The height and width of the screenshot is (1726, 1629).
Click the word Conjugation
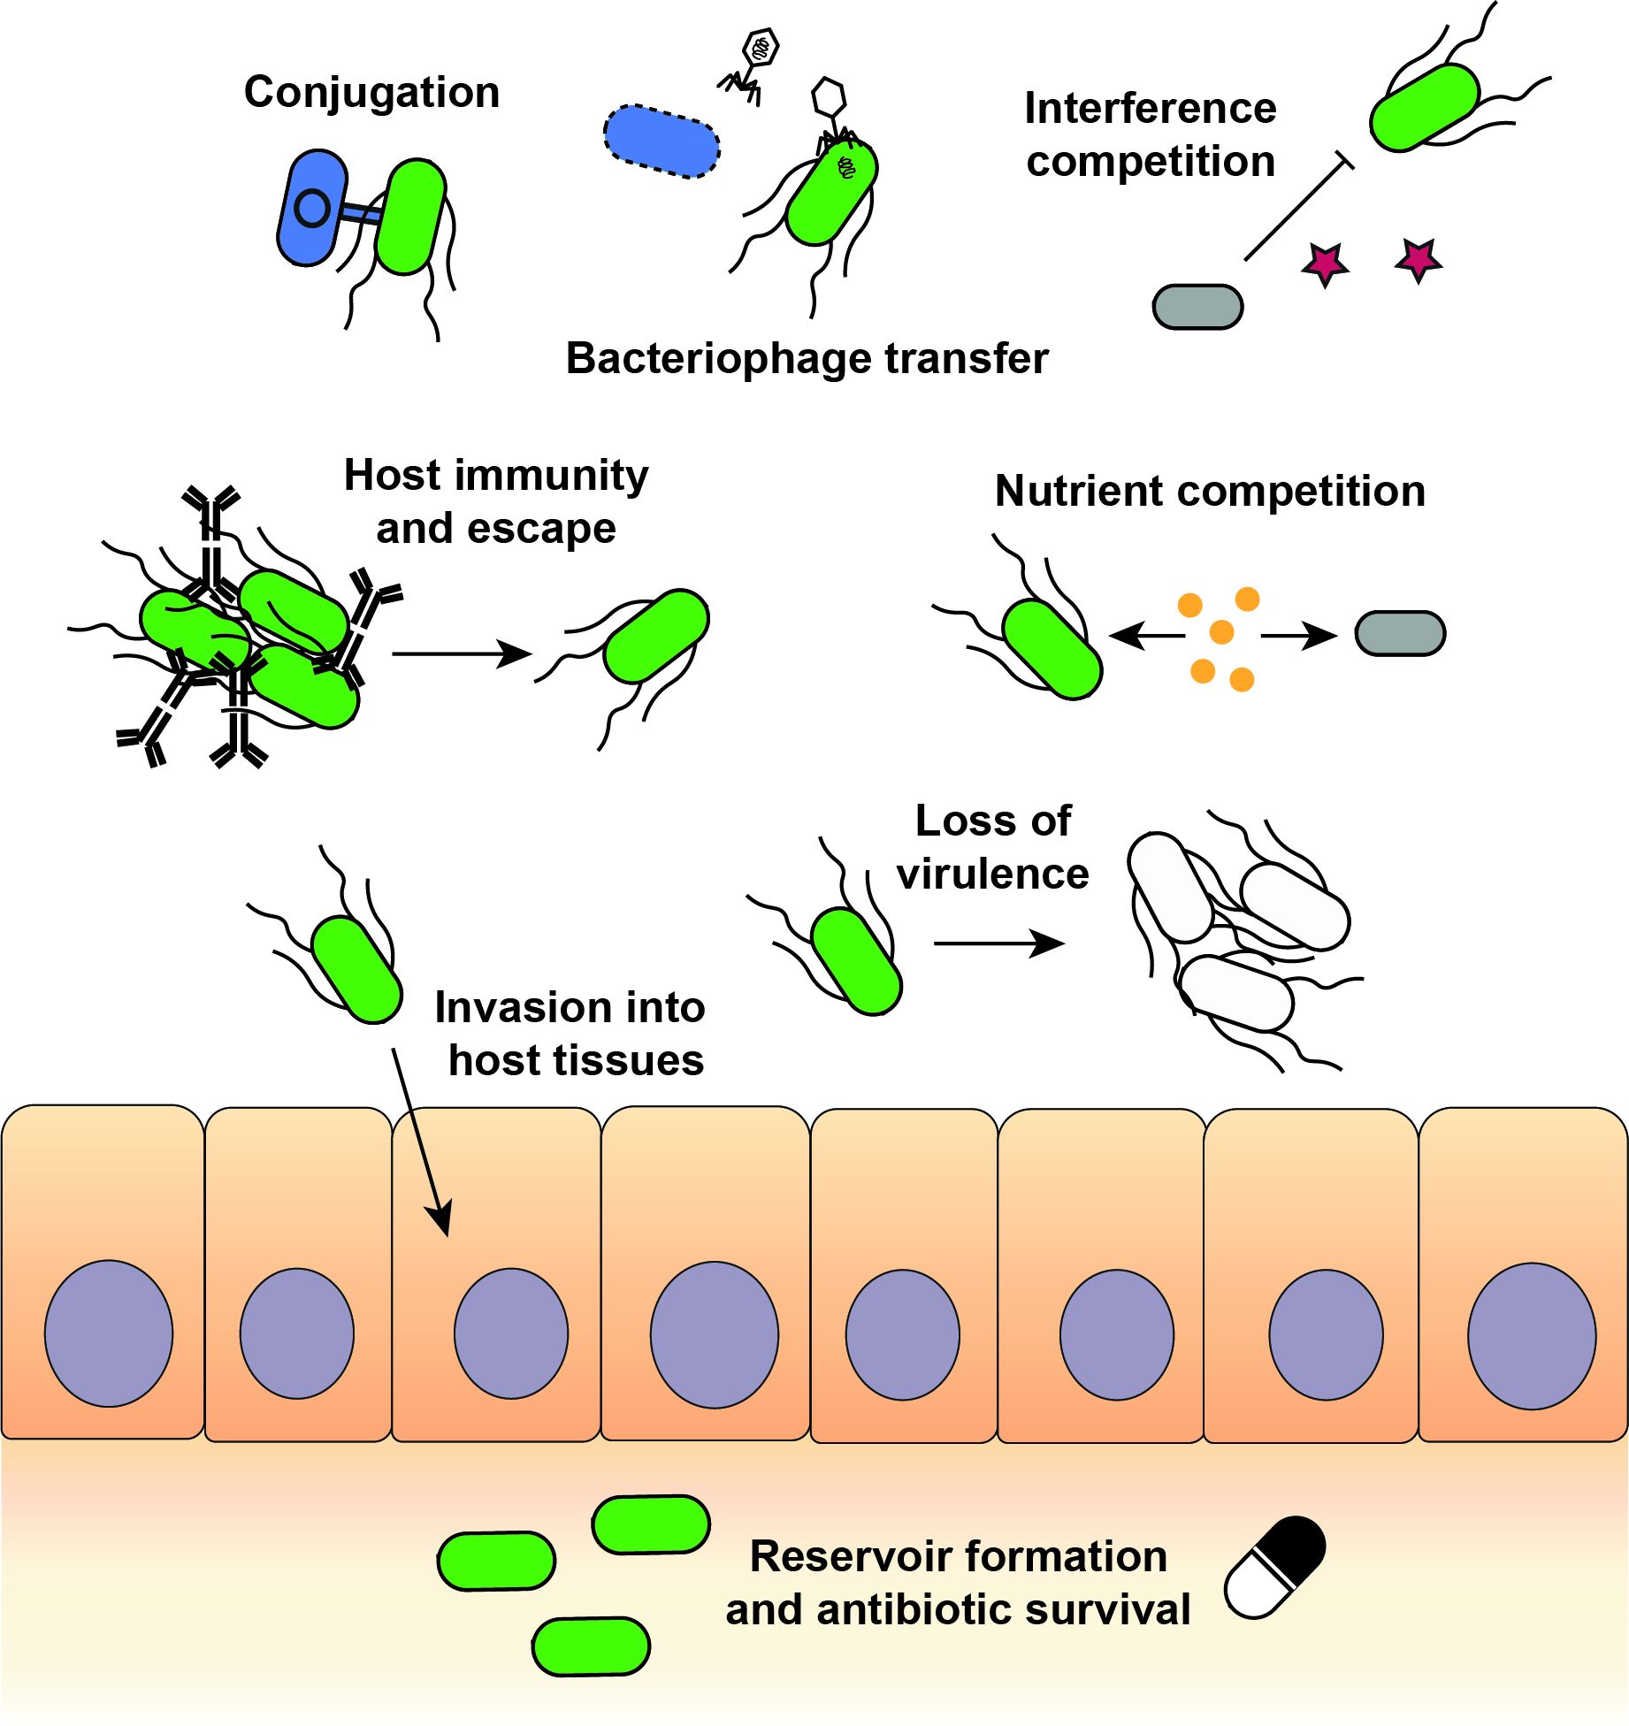click(371, 93)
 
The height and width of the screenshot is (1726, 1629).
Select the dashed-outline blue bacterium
click(662, 141)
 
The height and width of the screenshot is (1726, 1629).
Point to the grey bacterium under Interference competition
click(1197, 307)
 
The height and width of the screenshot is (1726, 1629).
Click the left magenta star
click(1325, 263)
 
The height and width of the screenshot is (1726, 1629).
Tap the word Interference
click(1150, 109)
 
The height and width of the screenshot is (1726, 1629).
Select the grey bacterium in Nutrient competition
click(1400, 633)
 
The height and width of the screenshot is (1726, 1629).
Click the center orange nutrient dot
click(1221, 632)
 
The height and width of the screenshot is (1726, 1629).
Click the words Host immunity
click(495, 476)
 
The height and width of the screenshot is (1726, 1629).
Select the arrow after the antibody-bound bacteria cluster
click(462, 653)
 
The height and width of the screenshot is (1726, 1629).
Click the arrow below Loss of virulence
click(999, 943)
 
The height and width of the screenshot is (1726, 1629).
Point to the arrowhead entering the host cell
click(441, 1219)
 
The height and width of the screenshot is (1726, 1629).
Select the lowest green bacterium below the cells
click(591, 1646)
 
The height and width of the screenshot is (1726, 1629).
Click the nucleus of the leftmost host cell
click(109, 1333)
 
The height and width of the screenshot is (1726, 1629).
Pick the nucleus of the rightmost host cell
click(1532, 1335)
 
